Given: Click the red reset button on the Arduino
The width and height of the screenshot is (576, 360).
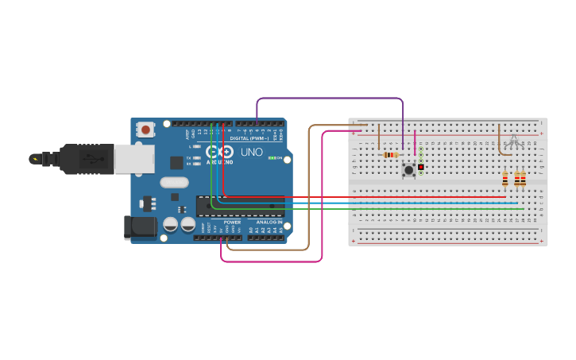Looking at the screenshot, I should click(145, 129).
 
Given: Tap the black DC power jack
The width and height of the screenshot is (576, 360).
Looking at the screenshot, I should click(140, 227).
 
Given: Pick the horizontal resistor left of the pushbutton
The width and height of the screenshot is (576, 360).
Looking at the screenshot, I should click(390, 154).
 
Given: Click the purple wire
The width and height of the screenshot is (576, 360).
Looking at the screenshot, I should click(330, 99).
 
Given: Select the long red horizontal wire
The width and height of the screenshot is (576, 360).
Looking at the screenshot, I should click(365, 196).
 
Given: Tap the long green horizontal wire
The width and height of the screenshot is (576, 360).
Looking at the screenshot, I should click(365, 208).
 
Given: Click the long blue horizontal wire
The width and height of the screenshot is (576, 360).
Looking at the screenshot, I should click(365, 203).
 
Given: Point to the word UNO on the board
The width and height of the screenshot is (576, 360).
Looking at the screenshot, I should click(251, 151).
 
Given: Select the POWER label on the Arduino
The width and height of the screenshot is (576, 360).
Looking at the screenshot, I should click(232, 223).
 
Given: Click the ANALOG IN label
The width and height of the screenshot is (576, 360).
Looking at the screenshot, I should click(269, 223).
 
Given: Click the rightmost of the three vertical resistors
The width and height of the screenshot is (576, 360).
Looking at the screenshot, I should click(523, 181).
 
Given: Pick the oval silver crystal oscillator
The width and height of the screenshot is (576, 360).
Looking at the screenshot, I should click(174, 182).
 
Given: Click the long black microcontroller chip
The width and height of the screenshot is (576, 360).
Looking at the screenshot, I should click(240, 205).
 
